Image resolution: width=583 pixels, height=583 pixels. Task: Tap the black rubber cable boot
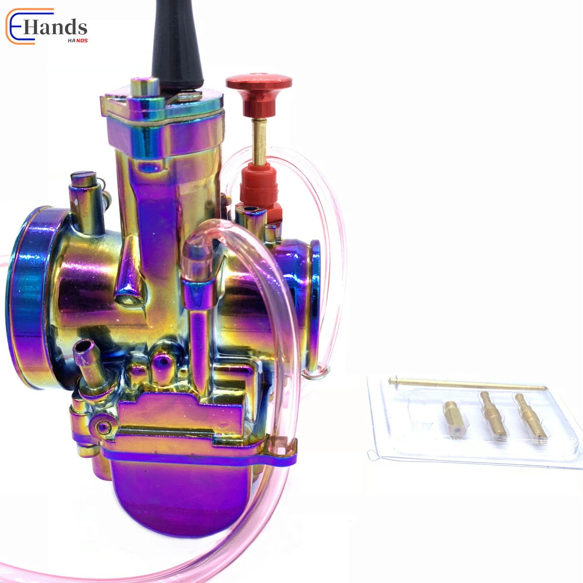178,45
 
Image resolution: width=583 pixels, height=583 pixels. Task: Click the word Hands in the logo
55,28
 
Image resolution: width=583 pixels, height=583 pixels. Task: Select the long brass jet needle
467,384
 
